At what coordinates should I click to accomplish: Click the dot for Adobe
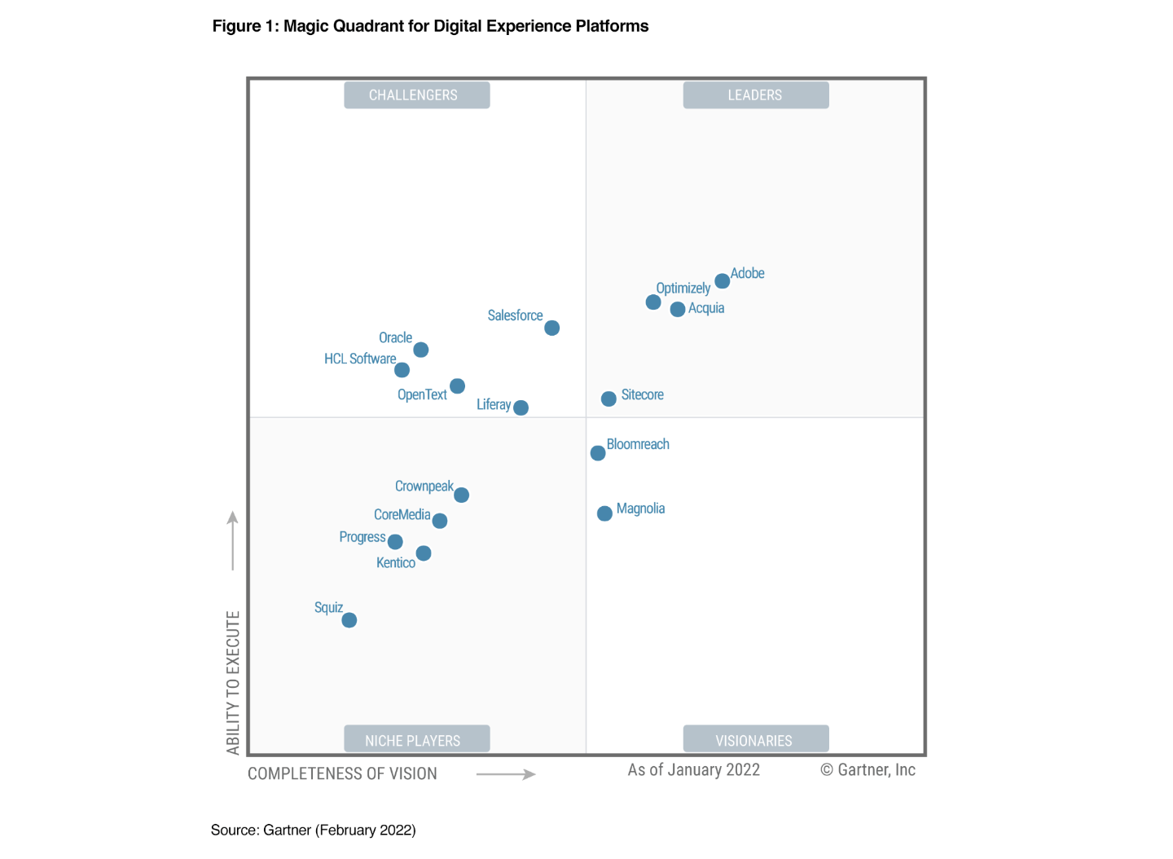click(722, 281)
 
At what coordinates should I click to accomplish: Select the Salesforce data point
click(551, 328)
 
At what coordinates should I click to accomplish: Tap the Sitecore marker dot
click(608, 399)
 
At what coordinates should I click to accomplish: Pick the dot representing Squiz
click(349, 620)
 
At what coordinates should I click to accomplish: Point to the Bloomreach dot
click(598, 453)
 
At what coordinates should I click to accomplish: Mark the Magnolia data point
click(604, 513)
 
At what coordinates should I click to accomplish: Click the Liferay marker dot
click(521, 407)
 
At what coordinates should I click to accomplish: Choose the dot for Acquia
click(678, 310)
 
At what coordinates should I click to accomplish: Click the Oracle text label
click(395, 337)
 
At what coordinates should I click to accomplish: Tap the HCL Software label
click(360, 359)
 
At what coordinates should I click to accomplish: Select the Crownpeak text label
click(424, 486)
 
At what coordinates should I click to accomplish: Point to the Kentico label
click(396, 562)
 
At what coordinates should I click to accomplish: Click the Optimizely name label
click(683, 288)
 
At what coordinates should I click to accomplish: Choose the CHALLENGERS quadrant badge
click(416, 95)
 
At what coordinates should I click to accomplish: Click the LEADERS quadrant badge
click(755, 95)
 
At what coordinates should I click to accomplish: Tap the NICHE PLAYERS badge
click(416, 739)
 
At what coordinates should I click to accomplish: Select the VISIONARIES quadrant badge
click(755, 739)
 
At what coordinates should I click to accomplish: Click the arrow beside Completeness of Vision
click(505, 774)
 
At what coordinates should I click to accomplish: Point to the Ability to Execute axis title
click(233, 683)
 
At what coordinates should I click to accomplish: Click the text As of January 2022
click(693, 770)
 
